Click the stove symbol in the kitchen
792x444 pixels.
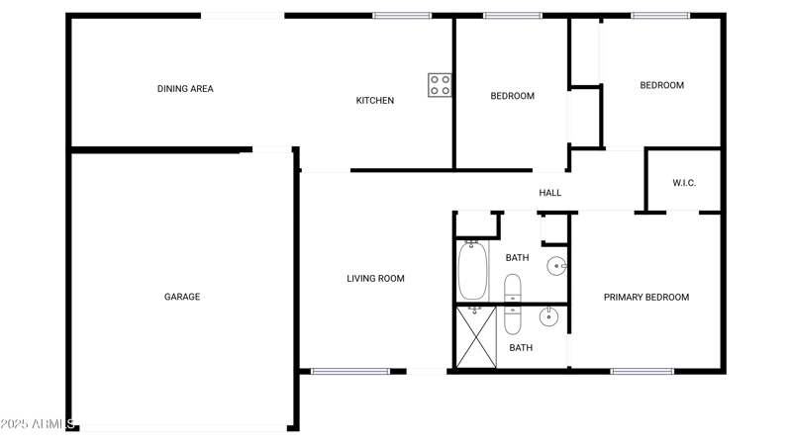tap(440, 85)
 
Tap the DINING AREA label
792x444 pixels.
tap(185, 89)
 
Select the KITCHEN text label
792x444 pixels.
tap(375, 100)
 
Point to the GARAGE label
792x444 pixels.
tap(182, 297)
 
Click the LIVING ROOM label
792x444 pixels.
tap(375, 279)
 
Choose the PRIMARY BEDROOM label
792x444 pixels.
tap(646, 297)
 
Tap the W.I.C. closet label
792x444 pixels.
tap(684, 183)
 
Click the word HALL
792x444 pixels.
tap(550, 193)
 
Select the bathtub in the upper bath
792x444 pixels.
tap(472, 270)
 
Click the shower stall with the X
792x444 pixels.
tap(475, 336)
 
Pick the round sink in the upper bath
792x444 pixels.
tap(558, 265)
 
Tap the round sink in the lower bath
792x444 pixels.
tap(548, 317)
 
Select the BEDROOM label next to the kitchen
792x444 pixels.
tap(512, 96)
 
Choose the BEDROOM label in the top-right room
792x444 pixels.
tap(661, 85)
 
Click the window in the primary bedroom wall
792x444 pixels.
tap(642, 371)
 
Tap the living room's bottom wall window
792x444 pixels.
tap(337, 371)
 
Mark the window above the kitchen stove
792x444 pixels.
tap(402, 16)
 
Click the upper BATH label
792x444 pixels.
tap(517, 258)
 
